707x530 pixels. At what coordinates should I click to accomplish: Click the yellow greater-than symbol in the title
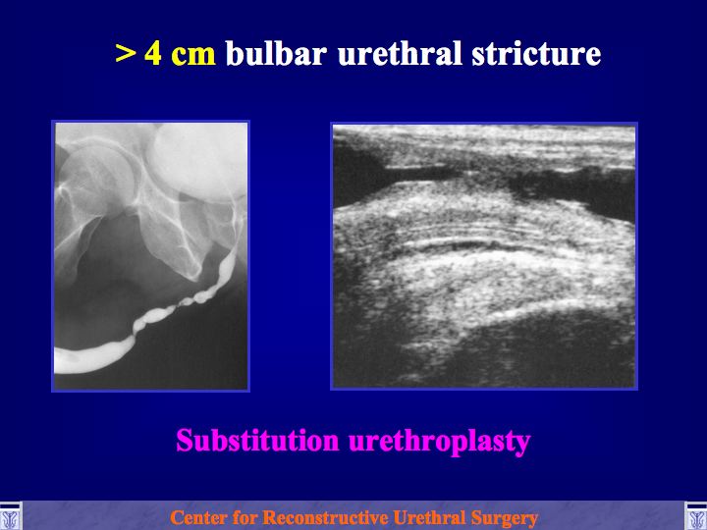click(126, 53)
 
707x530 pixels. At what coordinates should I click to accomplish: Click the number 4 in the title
click(153, 53)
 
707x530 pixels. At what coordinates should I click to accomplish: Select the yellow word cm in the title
click(193, 55)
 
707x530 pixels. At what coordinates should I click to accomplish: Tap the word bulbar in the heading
click(276, 53)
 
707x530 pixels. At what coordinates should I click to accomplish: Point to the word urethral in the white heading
click(400, 53)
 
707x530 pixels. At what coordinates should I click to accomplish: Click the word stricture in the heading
click(536, 54)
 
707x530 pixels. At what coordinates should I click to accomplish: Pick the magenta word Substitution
click(257, 441)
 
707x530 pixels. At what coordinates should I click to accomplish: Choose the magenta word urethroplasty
click(440, 442)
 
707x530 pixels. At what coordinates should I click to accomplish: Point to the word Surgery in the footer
click(504, 519)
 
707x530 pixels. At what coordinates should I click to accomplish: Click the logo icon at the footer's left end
click(10, 516)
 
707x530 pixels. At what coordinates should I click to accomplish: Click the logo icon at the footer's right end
click(696, 516)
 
